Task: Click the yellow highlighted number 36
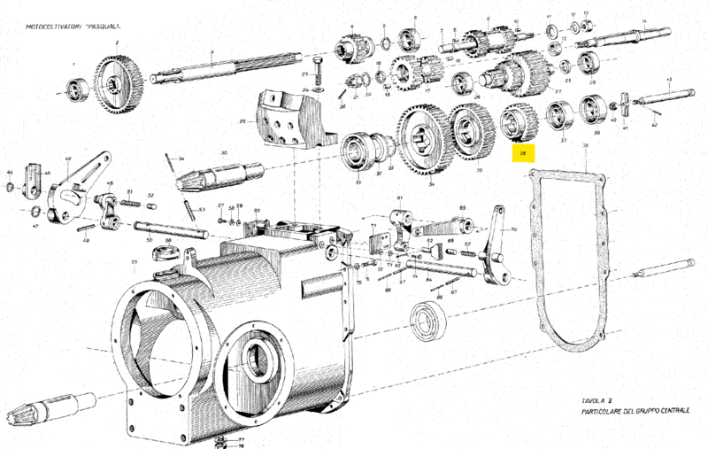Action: pyautogui.click(x=523, y=153)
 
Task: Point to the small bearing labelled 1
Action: pyautogui.click(x=75, y=89)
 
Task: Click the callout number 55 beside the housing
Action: pyautogui.click(x=134, y=262)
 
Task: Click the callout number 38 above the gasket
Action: pyautogui.click(x=585, y=144)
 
